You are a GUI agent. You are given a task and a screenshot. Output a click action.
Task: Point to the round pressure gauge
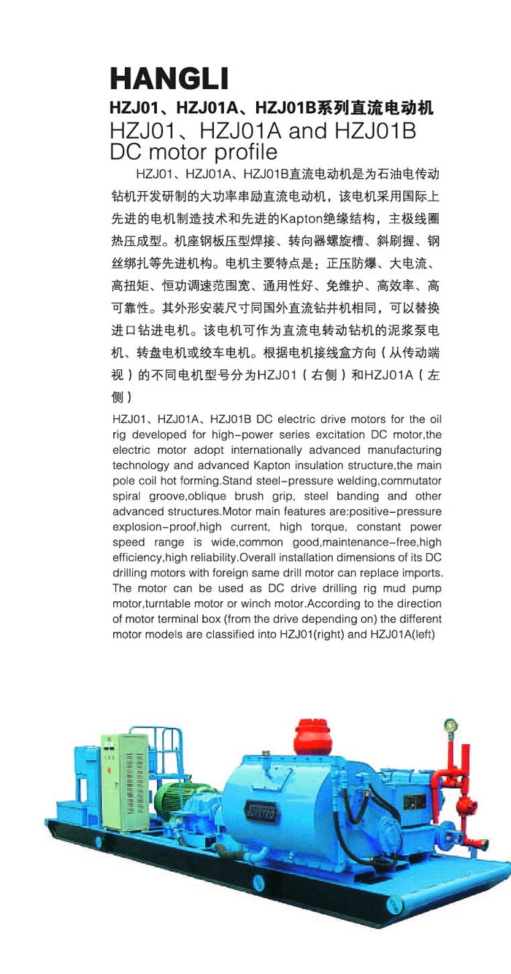(x=450, y=727)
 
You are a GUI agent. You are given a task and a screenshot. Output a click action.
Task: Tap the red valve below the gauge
(x=462, y=803)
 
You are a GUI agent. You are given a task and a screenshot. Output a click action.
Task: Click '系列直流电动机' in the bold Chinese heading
(x=373, y=109)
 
